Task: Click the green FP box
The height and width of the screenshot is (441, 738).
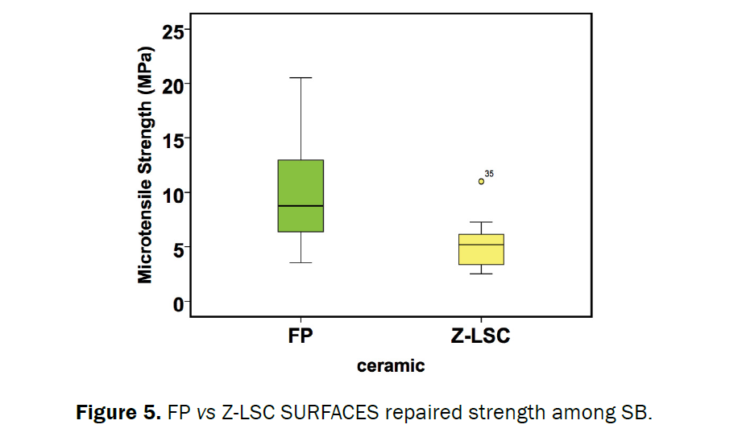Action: click(301, 185)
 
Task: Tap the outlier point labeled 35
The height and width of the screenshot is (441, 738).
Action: click(481, 181)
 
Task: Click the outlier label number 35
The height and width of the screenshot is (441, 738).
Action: click(489, 174)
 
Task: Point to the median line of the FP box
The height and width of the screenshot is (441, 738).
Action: click(301, 206)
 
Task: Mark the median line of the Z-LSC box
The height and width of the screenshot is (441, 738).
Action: click(481, 244)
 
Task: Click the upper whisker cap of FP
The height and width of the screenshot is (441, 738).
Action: click(301, 78)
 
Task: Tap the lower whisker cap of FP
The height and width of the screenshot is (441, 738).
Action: click(301, 262)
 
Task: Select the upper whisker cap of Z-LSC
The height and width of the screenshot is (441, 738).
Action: click(481, 222)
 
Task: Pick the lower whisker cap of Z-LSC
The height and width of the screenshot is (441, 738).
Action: click(481, 274)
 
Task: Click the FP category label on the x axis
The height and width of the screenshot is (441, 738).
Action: click(301, 336)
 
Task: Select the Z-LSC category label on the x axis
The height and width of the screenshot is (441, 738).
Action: click(481, 336)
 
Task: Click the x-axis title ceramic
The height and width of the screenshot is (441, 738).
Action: click(391, 366)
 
